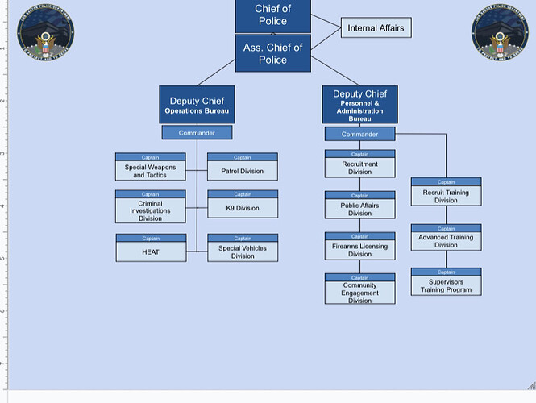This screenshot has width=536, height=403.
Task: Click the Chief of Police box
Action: pyautogui.click(x=272, y=15)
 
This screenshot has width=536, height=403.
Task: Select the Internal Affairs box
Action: pyautogui.click(x=375, y=28)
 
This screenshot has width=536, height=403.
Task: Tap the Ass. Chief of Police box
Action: pyautogui.click(x=272, y=54)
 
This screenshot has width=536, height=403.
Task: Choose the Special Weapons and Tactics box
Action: pyautogui.click(x=150, y=171)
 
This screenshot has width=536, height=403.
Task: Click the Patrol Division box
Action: pyautogui.click(x=243, y=171)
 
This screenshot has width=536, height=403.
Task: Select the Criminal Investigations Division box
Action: pyautogui.click(x=150, y=210)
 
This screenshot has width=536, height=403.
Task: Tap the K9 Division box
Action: pyautogui.click(x=243, y=208)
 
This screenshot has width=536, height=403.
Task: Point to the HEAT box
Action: pyautogui.click(x=150, y=251)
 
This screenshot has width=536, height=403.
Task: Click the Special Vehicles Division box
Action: pyautogui.click(x=243, y=251)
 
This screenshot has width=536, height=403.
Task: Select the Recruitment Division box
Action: pyautogui.click(x=359, y=168)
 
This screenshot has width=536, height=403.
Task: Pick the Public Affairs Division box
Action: pyautogui.click(x=359, y=210)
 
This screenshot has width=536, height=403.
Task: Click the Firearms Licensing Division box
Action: pyautogui.click(x=359, y=250)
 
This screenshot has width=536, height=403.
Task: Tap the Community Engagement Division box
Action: pyautogui.click(x=359, y=292)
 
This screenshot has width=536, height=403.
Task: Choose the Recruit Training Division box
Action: pyautogui.click(x=446, y=196)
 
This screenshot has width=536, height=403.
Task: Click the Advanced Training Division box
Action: pyautogui.click(x=446, y=241)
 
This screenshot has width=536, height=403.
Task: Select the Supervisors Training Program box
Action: pyautogui.click(x=446, y=285)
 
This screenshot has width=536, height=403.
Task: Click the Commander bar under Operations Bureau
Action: pyautogui.click(x=197, y=132)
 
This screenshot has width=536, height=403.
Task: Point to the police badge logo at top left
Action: pyautogui.click(x=45, y=35)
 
